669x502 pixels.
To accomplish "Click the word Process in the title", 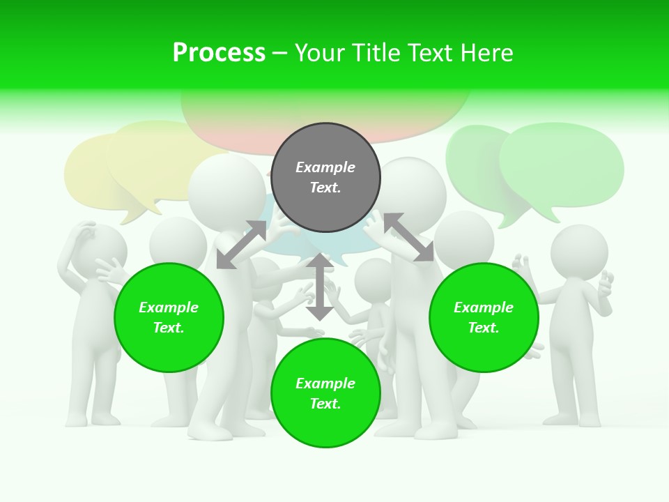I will click(219, 53).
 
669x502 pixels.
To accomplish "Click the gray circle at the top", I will click(325, 177).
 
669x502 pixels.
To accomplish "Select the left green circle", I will click(169, 317).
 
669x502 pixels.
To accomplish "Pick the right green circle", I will click(484, 317).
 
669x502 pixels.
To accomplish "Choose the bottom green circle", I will click(325, 393).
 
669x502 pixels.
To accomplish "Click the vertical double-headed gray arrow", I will click(320, 287).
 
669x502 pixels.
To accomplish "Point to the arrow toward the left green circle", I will click(241, 244).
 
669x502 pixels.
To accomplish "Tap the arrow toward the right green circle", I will click(408, 237).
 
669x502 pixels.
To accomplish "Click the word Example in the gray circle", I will click(325, 167).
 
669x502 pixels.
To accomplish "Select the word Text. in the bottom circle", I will click(325, 404).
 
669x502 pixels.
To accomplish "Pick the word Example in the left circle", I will click(169, 307).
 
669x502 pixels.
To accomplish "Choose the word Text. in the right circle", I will click(484, 328).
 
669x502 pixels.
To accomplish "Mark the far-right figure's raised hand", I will click(606, 283).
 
